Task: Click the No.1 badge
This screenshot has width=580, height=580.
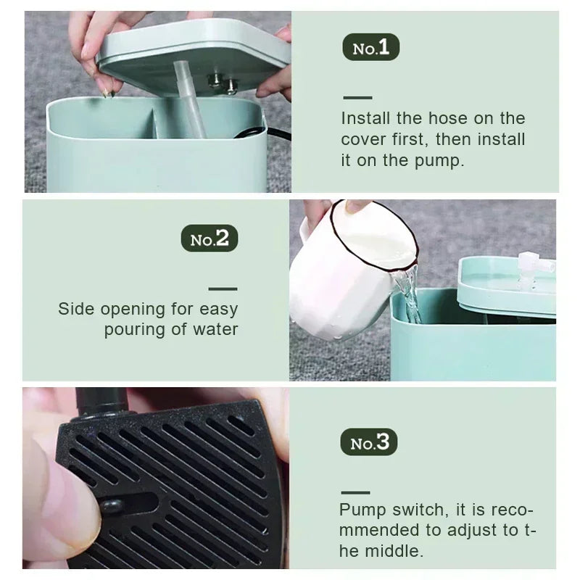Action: (370, 48)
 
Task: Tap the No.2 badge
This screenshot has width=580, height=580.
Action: (209, 239)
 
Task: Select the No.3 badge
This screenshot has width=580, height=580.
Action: (369, 442)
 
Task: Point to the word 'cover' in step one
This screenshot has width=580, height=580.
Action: (363, 139)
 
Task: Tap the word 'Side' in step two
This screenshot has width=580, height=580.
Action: (76, 309)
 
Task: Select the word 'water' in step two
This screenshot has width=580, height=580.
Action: (215, 329)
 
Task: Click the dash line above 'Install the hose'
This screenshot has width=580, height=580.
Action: (357, 97)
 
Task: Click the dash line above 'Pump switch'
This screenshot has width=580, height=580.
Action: (355, 492)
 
